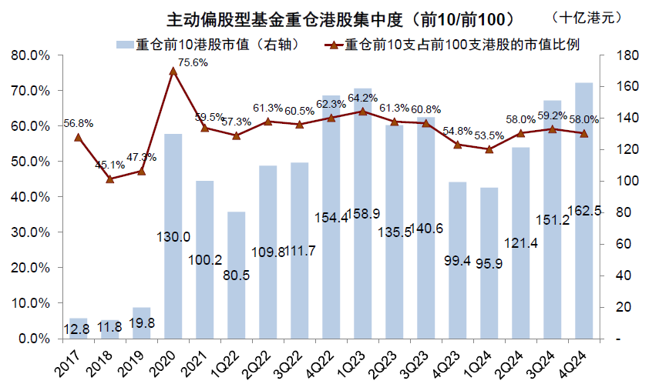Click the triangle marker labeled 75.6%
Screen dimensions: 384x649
(x=173, y=72)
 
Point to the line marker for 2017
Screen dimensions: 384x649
(x=78, y=138)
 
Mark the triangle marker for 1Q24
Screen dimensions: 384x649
(x=489, y=149)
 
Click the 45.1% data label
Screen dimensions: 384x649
(x=109, y=164)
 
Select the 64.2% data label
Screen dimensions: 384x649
(x=362, y=98)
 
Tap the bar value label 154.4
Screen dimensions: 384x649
(x=331, y=218)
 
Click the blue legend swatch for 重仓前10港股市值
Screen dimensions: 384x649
(x=123, y=45)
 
